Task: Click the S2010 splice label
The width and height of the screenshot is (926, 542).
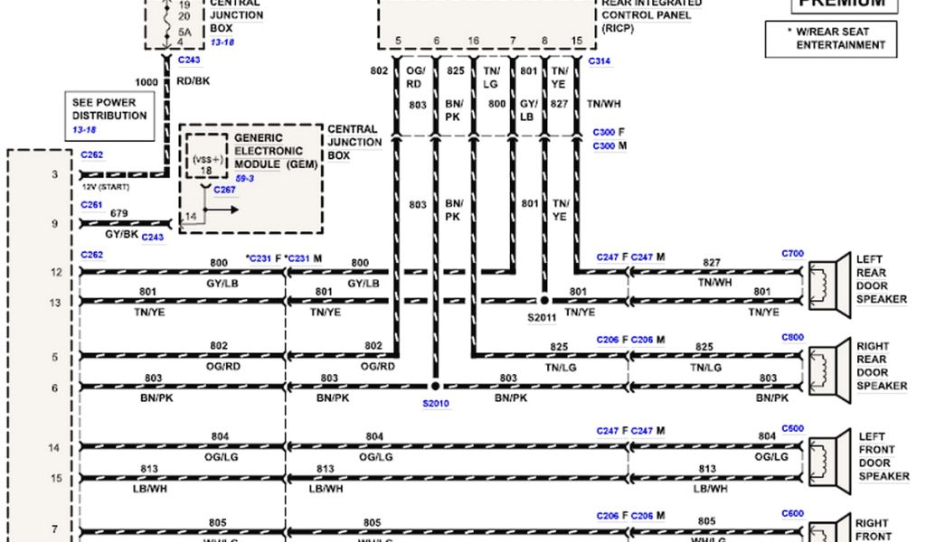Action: (x=435, y=403)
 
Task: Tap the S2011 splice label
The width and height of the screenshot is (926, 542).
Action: (x=543, y=317)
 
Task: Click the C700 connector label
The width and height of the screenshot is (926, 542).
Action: (x=792, y=254)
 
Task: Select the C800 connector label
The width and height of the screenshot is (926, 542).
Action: (x=792, y=337)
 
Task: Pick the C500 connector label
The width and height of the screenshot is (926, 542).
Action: (x=792, y=428)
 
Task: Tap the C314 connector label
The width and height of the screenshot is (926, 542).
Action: (x=599, y=61)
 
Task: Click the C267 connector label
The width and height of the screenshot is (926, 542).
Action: (x=224, y=190)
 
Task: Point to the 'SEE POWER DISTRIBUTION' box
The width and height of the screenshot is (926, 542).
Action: (x=109, y=116)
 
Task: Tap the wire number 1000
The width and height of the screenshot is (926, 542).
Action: (x=146, y=82)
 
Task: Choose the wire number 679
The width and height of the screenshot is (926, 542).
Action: (x=118, y=213)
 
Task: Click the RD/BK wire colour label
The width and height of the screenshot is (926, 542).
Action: (x=192, y=82)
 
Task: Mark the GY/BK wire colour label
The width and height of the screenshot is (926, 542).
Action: (x=121, y=234)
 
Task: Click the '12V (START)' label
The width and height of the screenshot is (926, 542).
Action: (x=107, y=187)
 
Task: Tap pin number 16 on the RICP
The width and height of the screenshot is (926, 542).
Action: (x=474, y=42)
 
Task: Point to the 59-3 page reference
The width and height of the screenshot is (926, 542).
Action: (x=245, y=179)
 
